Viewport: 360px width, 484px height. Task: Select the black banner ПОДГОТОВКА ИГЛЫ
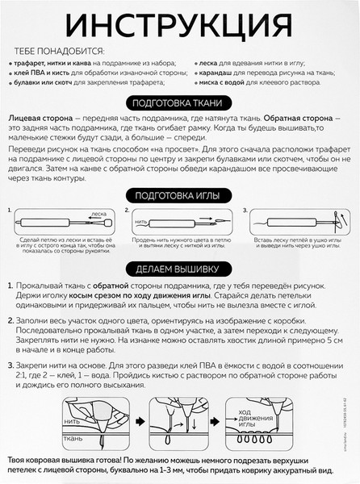tap(179, 196)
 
